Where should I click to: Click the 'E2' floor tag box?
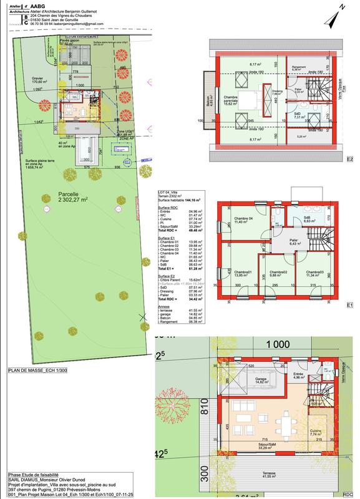pos(351,160)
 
